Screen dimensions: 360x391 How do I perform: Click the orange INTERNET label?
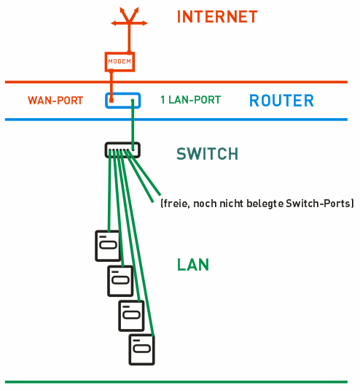click(x=217, y=17)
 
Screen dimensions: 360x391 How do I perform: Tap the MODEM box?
click(x=120, y=61)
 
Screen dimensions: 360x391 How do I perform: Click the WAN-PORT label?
click(x=55, y=101)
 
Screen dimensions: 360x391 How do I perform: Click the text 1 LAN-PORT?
click(x=191, y=100)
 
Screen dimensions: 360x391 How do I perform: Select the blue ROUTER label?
click(x=281, y=101)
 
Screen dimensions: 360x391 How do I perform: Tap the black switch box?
click(x=122, y=143)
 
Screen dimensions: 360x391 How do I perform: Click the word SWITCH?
click(x=207, y=154)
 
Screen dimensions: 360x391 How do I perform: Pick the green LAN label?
click(x=193, y=265)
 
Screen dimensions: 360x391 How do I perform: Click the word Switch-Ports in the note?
click(x=318, y=204)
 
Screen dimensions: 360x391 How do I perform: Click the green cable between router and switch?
click(x=133, y=125)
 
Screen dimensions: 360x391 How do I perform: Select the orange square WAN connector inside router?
click(x=111, y=100)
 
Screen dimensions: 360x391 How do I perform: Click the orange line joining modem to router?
click(x=111, y=85)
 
